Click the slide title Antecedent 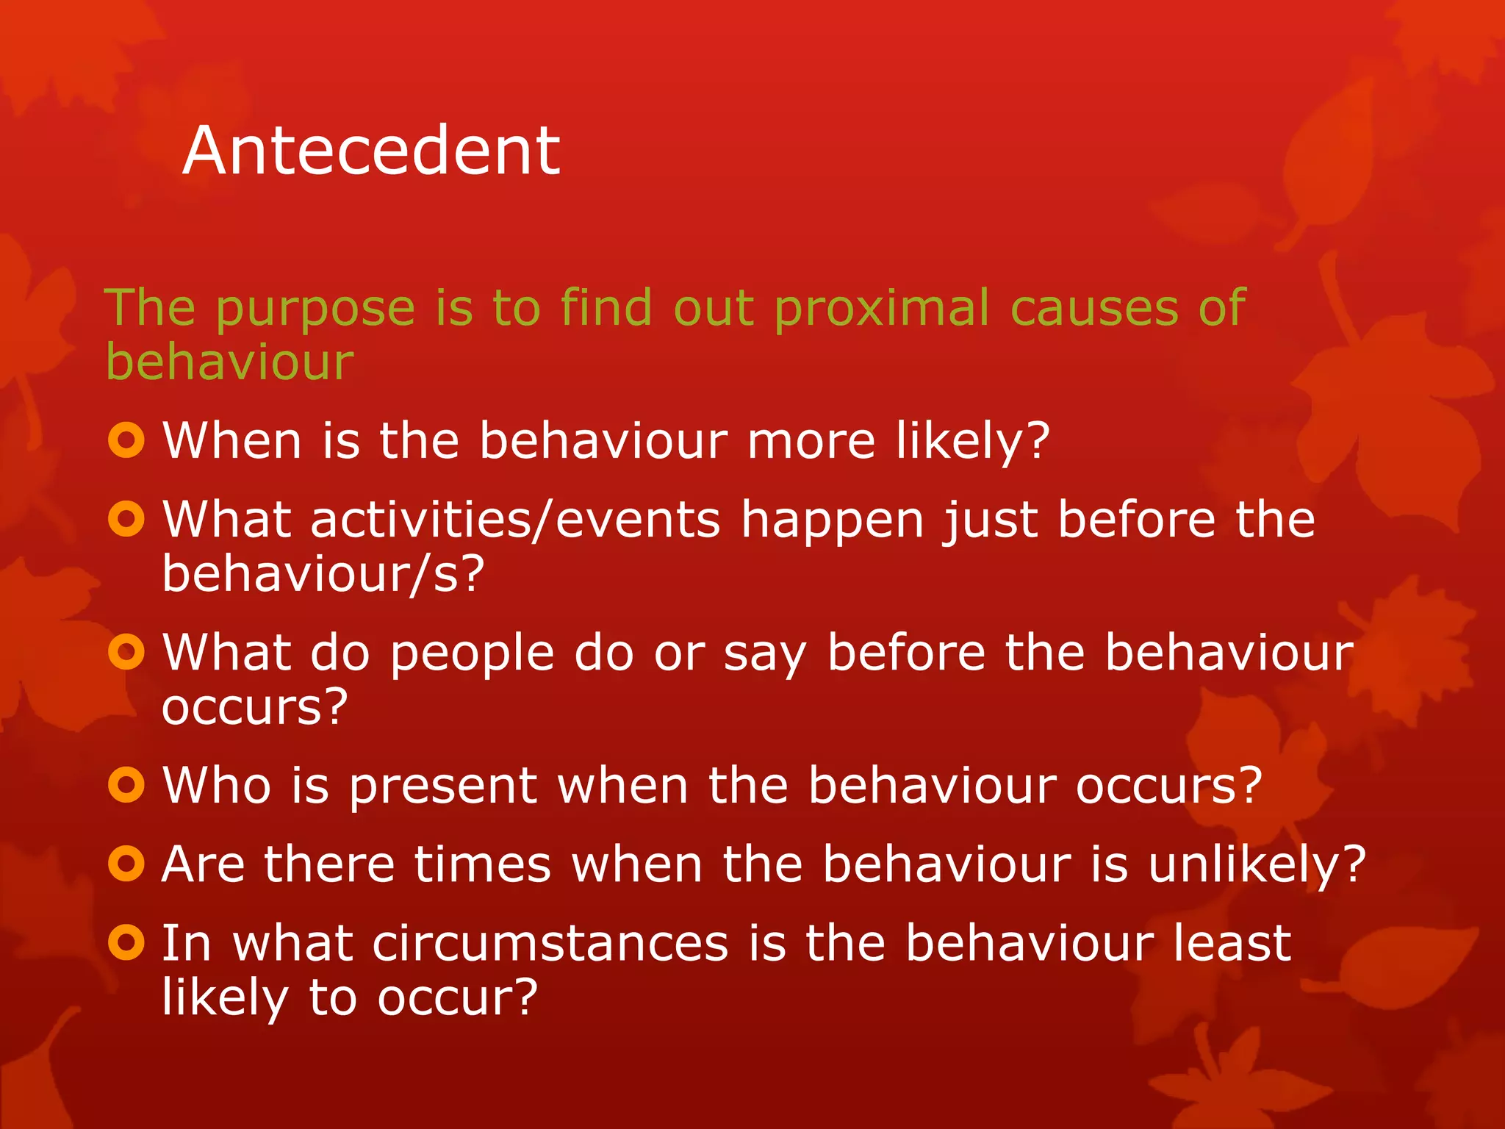[371, 151]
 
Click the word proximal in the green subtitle [882, 309]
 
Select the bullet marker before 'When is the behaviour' [126, 440]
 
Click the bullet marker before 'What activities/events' [126, 519]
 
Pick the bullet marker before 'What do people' [126, 652]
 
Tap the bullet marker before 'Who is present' [126, 785]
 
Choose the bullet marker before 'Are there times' [126, 864]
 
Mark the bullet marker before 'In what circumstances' [126, 942]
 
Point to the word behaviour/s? [323, 574]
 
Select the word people [472, 654]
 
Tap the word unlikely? [1257, 865]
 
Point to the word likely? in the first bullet [973, 442]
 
